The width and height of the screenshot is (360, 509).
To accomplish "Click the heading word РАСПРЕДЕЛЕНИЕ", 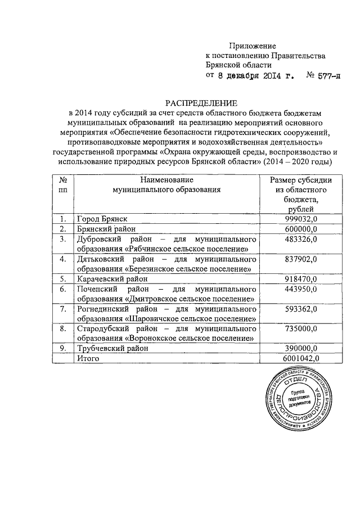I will click(193, 103).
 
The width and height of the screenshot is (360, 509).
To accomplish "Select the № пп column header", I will click(63, 185).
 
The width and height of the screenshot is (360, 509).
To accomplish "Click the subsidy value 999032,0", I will click(300, 219).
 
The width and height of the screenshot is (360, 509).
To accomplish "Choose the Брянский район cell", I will click(106, 229).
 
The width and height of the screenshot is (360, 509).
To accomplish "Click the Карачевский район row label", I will click(111, 279).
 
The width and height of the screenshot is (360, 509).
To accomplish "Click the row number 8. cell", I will click(63, 328).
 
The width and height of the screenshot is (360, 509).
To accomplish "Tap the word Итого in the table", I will click(88, 358).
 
